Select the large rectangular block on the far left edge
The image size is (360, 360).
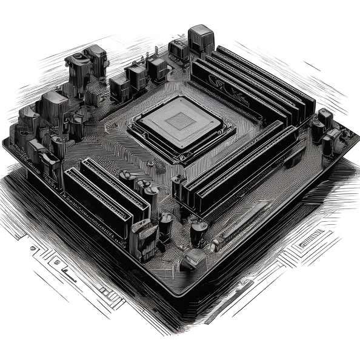(x=50, y=109)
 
